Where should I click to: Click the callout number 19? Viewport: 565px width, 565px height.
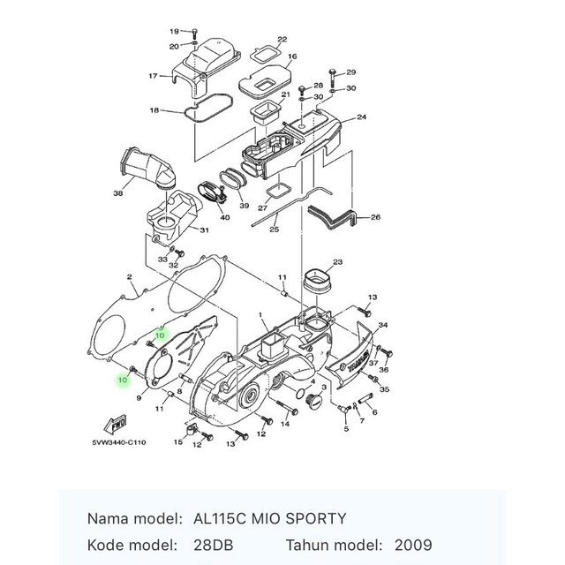coord(174,31)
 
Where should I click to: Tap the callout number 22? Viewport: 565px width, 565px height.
coord(282,40)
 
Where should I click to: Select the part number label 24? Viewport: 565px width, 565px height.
coord(361,117)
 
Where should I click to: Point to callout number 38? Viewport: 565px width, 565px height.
coord(118,193)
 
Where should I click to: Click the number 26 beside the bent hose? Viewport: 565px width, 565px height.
coord(375,217)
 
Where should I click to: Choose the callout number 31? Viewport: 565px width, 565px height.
coord(204,230)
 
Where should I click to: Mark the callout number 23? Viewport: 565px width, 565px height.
coord(336,262)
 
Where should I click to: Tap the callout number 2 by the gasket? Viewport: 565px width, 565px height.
coord(130,276)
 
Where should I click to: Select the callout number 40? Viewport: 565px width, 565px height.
coord(225,217)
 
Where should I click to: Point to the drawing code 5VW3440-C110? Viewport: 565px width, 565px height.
coord(118,442)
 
